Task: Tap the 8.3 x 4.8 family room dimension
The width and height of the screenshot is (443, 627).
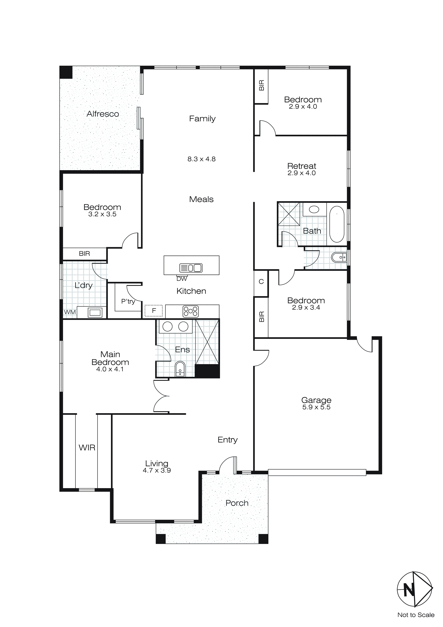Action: point(201,159)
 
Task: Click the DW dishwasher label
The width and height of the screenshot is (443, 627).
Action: point(182,279)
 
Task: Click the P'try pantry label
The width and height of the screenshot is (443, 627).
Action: point(128,302)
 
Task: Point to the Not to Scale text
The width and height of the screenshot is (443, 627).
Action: point(416,615)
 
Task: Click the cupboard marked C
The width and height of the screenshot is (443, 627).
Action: point(261,281)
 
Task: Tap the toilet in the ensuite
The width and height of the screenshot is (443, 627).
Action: point(180,370)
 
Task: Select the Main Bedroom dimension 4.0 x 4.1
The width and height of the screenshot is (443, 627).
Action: point(110,369)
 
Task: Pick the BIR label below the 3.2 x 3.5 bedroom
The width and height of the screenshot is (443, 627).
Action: point(84,254)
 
